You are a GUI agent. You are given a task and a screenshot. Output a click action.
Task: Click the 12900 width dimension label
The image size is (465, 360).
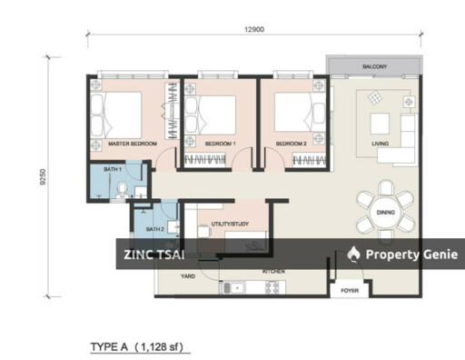tap(254, 30)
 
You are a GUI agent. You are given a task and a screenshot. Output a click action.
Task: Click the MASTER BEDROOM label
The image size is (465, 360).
tap(133, 144)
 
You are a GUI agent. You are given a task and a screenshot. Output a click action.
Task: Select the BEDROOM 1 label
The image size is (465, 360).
tap(220, 144)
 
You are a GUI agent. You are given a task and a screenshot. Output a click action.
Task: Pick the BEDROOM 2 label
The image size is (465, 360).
tap(292, 144)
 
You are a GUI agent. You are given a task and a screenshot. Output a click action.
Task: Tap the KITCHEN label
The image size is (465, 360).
tap(274, 271)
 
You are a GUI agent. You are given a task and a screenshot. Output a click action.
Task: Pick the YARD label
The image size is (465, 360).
tap(188, 275)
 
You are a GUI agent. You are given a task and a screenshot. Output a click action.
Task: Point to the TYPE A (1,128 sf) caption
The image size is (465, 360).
tap(140, 346)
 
